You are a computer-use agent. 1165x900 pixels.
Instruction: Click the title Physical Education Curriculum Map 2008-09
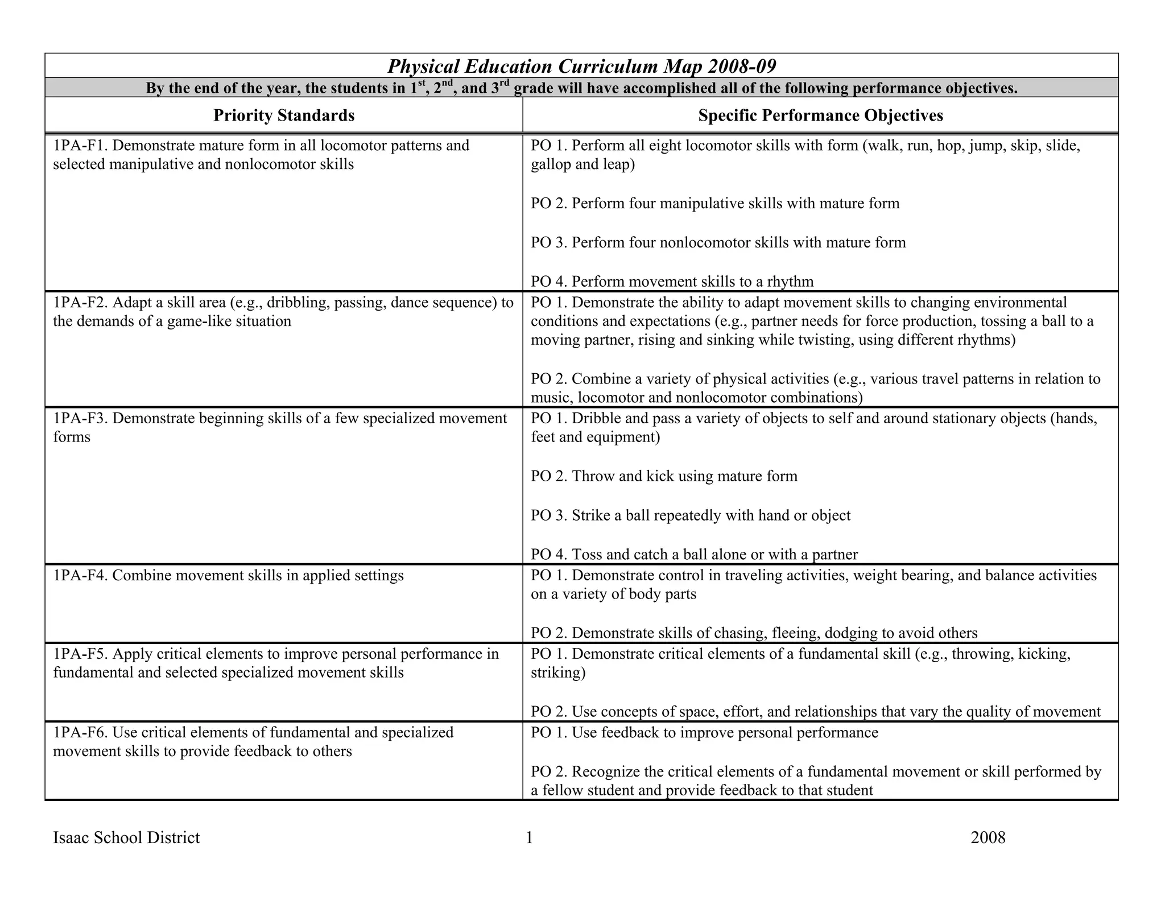pos(581,67)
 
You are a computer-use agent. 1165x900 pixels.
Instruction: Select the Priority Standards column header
pos(284,115)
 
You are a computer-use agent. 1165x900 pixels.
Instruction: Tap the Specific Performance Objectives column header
pos(820,115)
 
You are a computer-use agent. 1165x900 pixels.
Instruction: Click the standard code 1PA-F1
pos(80,146)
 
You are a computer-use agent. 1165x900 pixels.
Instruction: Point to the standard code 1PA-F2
pos(80,302)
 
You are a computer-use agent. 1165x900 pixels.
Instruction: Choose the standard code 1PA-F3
pos(80,418)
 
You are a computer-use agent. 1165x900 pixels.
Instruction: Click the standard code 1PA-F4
pos(80,575)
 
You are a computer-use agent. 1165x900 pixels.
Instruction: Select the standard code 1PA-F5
pos(80,654)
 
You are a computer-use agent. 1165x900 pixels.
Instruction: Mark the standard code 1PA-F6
pos(80,732)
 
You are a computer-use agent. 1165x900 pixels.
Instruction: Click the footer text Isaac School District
pos(126,837)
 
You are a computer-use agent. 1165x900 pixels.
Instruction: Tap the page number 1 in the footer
pos(529,837)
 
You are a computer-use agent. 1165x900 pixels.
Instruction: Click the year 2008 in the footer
pos(988,837)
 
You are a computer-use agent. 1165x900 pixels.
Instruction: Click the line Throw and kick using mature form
pos(664,476)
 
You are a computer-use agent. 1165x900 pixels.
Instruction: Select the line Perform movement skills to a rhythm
pos(672,282)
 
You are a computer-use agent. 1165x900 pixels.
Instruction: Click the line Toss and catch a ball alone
pos(694,554)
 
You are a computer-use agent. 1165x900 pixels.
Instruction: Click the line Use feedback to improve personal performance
pos(704,732)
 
